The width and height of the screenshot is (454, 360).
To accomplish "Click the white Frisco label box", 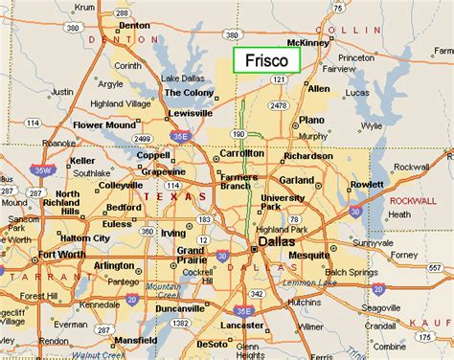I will [x=267, y=59].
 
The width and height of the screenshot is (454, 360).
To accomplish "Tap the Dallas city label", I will [x=278, y=245].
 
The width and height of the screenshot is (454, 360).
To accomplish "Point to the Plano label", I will [x=312, y=120].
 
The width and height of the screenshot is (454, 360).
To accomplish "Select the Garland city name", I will [x=297, y=179].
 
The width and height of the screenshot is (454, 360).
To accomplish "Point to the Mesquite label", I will [x=325, y=256].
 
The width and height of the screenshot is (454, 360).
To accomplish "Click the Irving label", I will [x=173, y=234].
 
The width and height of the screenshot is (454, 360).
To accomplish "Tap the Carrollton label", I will [x=241, y=153].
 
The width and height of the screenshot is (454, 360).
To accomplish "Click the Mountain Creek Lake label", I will [x=163, y=291].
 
